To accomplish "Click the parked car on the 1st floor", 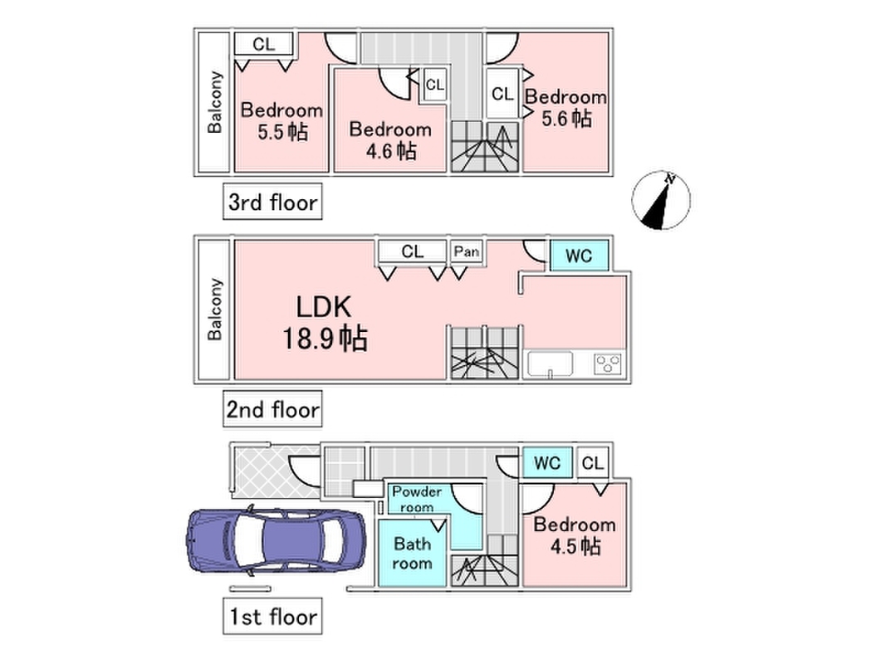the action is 276,539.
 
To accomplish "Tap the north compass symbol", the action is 661,200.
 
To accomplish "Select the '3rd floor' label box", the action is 272,202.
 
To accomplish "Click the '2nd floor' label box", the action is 272,409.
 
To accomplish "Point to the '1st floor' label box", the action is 272,616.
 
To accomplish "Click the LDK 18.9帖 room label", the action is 325,323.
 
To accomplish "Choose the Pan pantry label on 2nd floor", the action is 467,251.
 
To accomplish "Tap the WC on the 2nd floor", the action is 579,256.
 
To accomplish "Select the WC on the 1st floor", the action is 547,463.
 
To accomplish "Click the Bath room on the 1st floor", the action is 413,554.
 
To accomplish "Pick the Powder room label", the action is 417,499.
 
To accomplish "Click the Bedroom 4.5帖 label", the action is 575,535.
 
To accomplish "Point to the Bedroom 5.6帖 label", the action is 566,107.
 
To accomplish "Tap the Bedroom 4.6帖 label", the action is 390,140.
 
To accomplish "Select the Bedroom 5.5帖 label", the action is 282,121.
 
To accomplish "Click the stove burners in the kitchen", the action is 608,363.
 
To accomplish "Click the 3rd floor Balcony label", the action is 215,102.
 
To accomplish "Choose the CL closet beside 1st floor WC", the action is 593,463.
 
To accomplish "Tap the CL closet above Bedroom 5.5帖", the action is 264,44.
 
